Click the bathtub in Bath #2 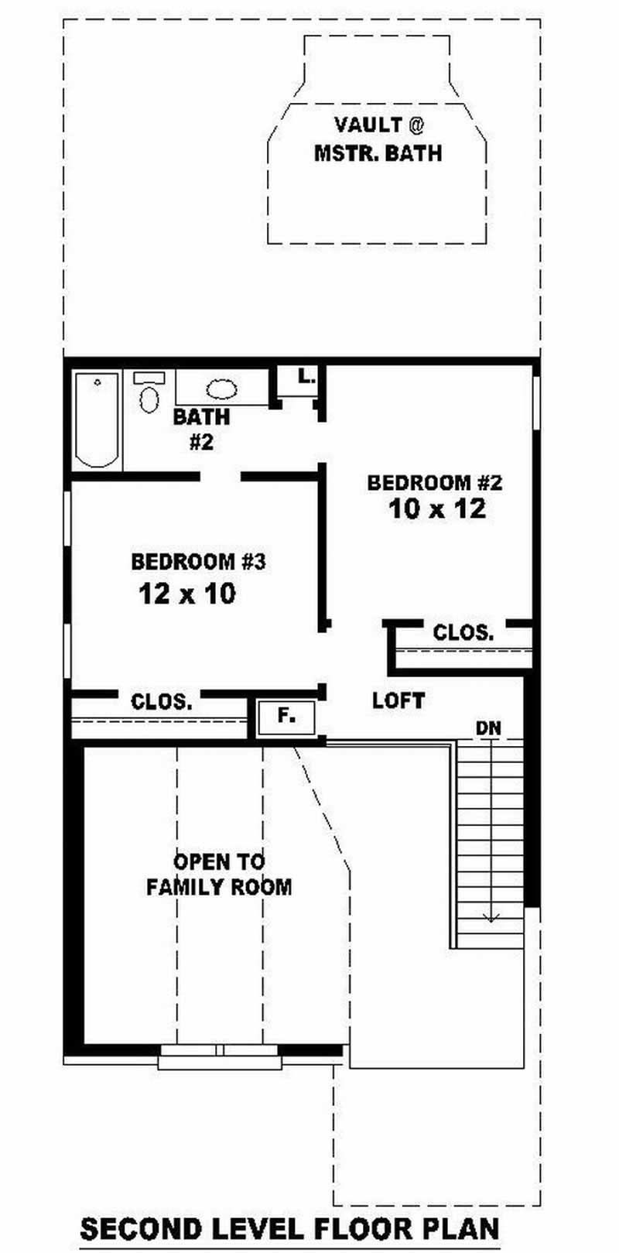[97, 419]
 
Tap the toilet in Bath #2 [148, 396]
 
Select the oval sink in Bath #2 [222, 389]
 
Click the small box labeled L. [306, 378]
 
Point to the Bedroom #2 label [435, 483]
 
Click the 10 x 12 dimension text [438, 509]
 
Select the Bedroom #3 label [198, 562]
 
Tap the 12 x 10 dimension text [187, 594]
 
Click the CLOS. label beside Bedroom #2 [463, 633]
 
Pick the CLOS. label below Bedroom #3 [162, 702]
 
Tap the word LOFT [398, 701]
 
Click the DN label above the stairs [488, 728]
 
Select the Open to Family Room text [219, 875]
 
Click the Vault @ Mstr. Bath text [378, 139]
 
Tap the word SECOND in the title [142, 1229]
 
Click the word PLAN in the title [464, 1229]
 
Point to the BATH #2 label [201, 430]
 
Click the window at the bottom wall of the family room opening [220, 1056]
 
